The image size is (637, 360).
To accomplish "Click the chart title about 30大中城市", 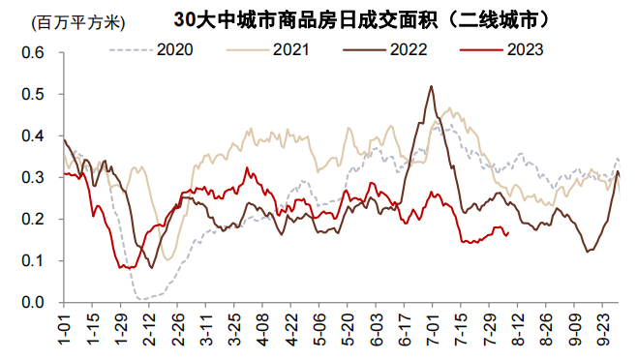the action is tap(361, 19).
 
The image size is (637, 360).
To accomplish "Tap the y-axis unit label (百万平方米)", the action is tap(78, 23).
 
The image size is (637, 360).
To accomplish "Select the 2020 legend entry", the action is tap(151, 49).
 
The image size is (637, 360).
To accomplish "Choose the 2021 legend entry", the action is tap(268, 49).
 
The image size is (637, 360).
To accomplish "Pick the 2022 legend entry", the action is tap(385, 49).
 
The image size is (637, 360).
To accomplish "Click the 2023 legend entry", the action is tap(501, 49).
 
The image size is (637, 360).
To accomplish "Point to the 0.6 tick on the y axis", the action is tap(33, 52).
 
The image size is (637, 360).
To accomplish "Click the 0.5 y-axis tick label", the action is tap(33, 94).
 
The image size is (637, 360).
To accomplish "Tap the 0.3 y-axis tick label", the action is tap(33, 177).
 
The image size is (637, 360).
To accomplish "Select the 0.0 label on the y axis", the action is tap(33, 302).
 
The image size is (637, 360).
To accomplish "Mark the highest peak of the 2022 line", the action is tap(431, 86).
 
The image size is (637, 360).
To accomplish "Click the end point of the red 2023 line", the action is tap(508, 232).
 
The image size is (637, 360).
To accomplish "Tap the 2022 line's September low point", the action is tap(587, 252).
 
